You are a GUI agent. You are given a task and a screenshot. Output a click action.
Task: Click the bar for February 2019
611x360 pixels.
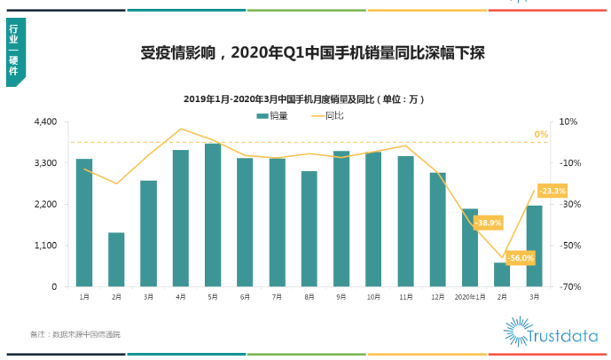[x=116, y=260]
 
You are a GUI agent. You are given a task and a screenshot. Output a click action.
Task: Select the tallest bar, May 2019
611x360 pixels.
[x=213, y=215]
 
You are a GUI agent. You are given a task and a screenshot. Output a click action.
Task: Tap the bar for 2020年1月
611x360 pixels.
[x=469, y=248]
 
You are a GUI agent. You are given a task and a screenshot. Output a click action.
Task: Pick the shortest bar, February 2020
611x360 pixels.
[x=502, y=275]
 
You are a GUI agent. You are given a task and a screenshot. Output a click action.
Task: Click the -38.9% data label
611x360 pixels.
[x=489, y=223]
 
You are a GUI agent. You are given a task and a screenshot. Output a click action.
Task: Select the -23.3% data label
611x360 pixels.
[x=552, y=191]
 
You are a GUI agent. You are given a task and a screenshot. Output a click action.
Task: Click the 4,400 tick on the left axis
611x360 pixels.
[x=45, y=121]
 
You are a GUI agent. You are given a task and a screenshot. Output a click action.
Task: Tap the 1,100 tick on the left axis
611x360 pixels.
[x=45, y=246]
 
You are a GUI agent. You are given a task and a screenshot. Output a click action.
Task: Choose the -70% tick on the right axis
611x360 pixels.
[x=568, y=287]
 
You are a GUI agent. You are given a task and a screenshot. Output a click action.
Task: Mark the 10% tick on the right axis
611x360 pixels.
[x=568, y=121]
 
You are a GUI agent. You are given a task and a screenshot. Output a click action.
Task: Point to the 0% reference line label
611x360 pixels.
[x=541, y=135]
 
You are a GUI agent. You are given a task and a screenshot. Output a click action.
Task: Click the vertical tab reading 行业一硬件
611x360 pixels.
[x=14, y=53]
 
